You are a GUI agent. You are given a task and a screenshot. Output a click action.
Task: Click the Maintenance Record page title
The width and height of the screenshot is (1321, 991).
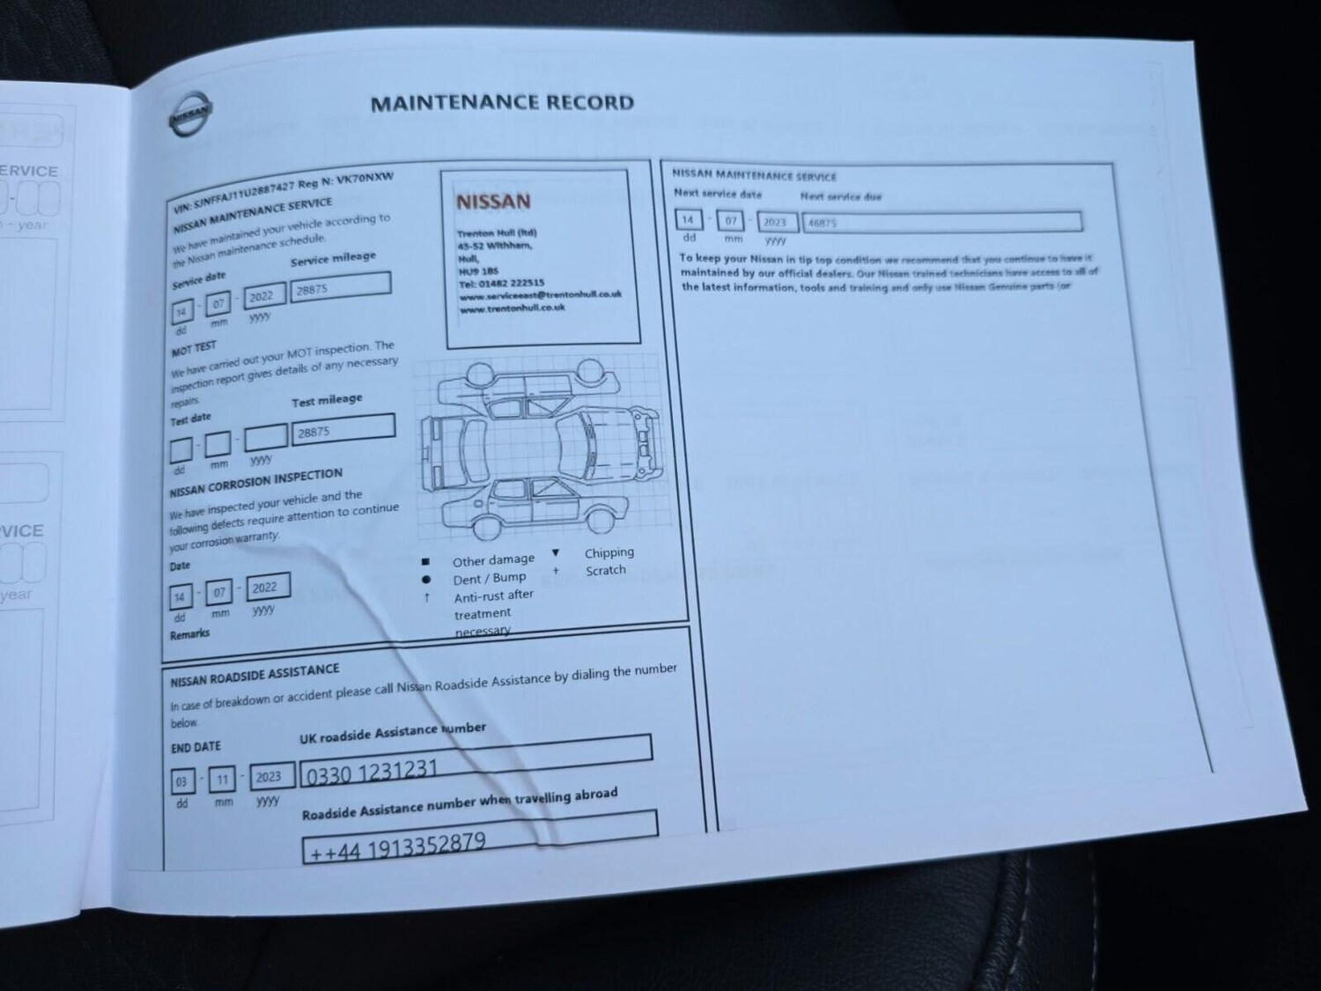click(502, 103)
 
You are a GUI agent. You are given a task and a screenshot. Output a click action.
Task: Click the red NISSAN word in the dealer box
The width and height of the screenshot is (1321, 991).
click(493, 202)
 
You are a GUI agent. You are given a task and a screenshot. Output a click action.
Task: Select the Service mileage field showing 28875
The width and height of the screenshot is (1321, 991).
click(341, 287)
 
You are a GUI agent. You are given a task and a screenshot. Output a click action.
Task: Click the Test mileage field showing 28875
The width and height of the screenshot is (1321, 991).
click(343, 431)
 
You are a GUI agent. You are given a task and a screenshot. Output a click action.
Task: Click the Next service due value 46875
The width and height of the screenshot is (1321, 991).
click(941, 222)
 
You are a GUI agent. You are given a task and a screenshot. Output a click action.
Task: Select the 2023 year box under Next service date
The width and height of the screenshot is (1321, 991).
click(775, 222)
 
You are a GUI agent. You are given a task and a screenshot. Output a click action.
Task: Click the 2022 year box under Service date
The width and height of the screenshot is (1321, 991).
click(263, 296)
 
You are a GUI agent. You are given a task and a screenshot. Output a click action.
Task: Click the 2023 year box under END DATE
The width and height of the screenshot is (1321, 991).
click(269, 776)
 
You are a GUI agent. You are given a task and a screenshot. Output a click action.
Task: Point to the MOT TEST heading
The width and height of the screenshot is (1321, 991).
click(193, 349)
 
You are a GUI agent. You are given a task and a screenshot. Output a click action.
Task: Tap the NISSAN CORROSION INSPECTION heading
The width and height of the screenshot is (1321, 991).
click(255, 482)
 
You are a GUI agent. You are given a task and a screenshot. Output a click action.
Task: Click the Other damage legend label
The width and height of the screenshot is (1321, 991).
click(493, 560)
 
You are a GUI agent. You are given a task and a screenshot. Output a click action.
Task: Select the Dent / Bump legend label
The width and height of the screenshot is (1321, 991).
click(490, 579)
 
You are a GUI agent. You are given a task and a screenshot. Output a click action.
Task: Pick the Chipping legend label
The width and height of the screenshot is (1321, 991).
click(609, 552)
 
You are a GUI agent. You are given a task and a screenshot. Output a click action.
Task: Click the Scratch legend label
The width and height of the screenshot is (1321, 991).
click(606, 570)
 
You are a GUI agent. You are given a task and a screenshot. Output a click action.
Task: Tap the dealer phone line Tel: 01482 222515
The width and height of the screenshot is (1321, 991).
click(502, 284)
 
